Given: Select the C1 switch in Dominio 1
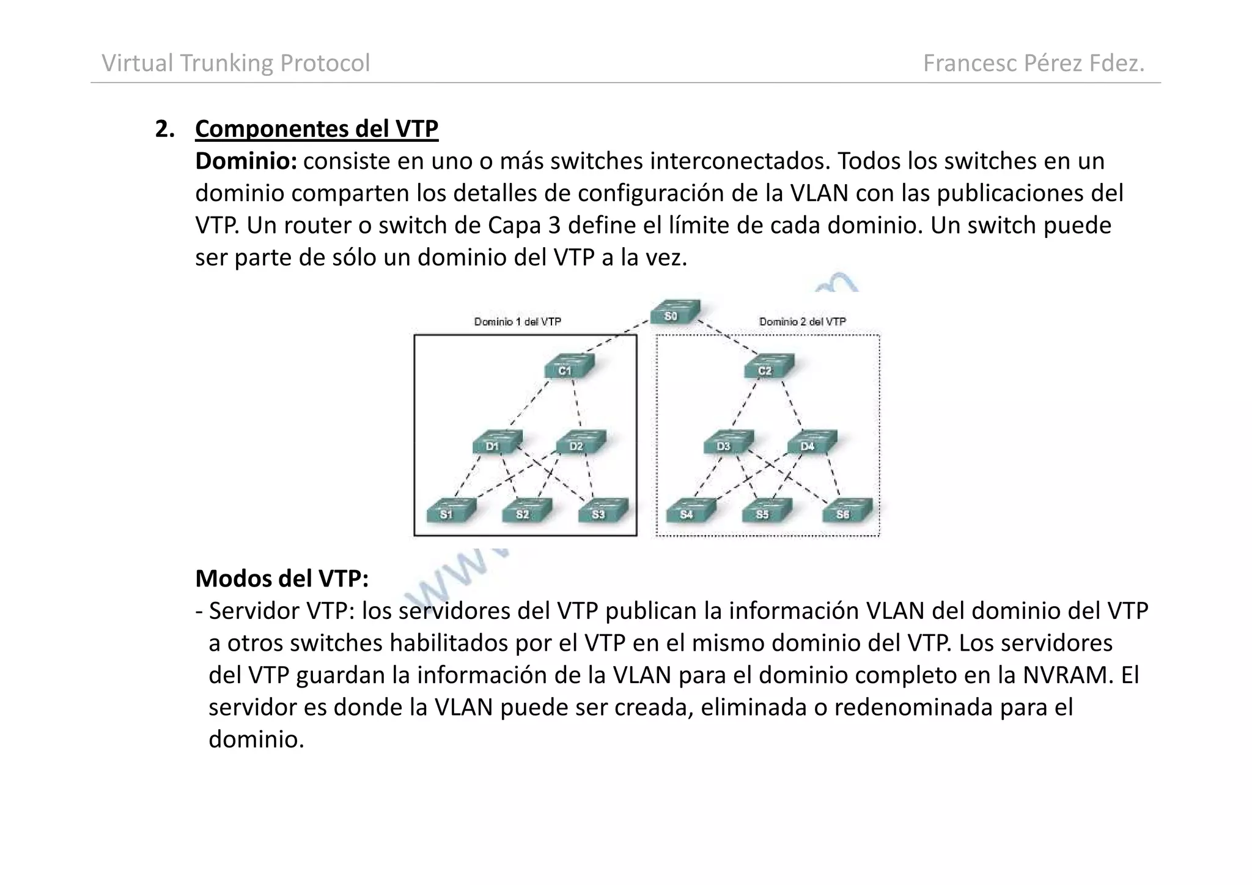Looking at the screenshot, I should pyautogui.click(x=568, y=366).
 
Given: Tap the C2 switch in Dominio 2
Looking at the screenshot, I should pyautogui.click(x=768, y=366).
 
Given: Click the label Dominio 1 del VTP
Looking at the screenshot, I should pyautogui.click(x=517, y=322).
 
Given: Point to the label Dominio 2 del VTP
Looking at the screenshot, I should pyautogui.click(x=802, y=322).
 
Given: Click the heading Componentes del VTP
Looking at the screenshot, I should pyautogui.click(x=316, y=129).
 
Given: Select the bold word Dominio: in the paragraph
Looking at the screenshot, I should pyautogui.click(x=246, y=161).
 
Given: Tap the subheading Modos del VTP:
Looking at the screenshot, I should pyautogui.click(x=282, y=578).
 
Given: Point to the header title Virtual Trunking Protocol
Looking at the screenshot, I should pyautogui.click(x=235, y=63).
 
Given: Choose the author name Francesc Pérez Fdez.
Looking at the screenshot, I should pyautogui.click(x=1033, y=63).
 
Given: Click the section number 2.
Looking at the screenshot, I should pyautogui.click(x=164, y=129).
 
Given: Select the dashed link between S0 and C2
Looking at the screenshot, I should pyautogui.click(x=727, y=337).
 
